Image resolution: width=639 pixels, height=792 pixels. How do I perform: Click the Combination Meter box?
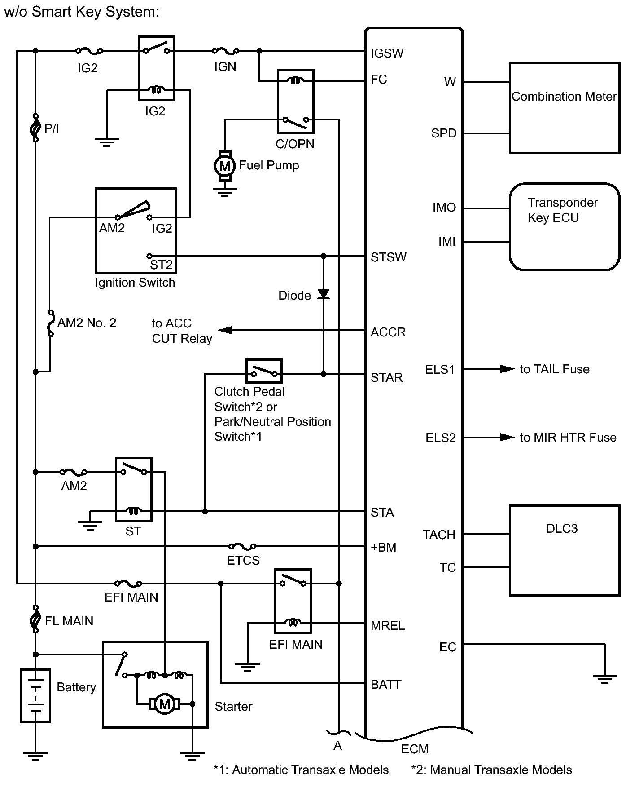565,108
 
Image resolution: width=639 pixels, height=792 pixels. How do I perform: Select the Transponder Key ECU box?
565,227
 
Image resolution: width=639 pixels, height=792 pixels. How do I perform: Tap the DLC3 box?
565,550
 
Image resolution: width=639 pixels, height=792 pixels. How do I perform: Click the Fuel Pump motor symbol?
224,166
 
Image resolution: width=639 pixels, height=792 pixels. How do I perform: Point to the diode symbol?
324,294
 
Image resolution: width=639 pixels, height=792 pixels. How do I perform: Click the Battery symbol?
35,695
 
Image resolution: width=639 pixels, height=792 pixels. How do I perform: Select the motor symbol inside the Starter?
165,704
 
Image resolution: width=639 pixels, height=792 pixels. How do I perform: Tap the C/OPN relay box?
296,102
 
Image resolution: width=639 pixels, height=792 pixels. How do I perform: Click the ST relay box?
134,490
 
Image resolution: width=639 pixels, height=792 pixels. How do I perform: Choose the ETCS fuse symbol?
242,546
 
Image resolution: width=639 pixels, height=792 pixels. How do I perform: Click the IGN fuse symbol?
225,51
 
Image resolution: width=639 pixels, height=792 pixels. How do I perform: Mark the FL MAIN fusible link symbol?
35,619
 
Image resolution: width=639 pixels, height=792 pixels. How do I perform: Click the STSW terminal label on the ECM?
388,257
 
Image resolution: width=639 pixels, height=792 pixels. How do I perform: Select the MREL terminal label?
388,625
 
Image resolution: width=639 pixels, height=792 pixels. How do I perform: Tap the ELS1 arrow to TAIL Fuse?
507,369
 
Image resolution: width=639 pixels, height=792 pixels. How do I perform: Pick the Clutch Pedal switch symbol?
264,371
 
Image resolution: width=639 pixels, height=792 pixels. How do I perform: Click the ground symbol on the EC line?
604,679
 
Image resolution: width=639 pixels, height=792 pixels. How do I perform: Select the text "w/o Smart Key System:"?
82,12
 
